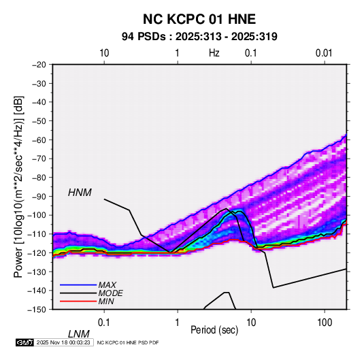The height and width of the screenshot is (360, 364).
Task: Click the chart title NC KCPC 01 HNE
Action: click(x=199, y=19)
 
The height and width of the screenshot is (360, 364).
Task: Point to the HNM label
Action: click(x=80, y=193)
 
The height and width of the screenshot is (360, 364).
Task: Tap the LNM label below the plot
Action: click(x=78, y=334)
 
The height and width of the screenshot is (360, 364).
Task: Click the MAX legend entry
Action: click(x=107, y=284)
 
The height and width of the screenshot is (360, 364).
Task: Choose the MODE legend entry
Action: click(x=110, y=293)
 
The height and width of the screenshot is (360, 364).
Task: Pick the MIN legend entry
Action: click(x=106, y=301)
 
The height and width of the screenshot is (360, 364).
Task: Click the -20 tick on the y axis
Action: click(x=39, y=65)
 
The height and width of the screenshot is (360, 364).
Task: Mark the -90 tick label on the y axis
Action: click(x=39, y=196)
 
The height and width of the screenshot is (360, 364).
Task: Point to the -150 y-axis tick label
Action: click(x=37, y=310)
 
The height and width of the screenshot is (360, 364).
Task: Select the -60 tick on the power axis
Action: click(x=39, y=140)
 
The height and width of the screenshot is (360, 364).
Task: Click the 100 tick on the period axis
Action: click(x=325, y=323)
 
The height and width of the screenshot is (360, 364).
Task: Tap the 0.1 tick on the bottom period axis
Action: click(x=104, y=323)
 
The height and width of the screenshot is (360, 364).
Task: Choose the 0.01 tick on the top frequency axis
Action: click(x=324, y=53)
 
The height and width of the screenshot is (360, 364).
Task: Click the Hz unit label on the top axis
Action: click(x=214, y=53)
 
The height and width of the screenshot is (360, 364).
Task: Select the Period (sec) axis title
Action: click(x=214, y=330)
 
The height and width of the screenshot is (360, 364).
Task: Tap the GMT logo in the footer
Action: click(x=24, y=342)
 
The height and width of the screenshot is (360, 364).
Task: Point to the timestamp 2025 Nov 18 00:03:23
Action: click(x=63, y=342)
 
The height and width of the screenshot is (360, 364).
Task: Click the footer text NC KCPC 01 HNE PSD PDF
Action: click(x=128, y=342)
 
